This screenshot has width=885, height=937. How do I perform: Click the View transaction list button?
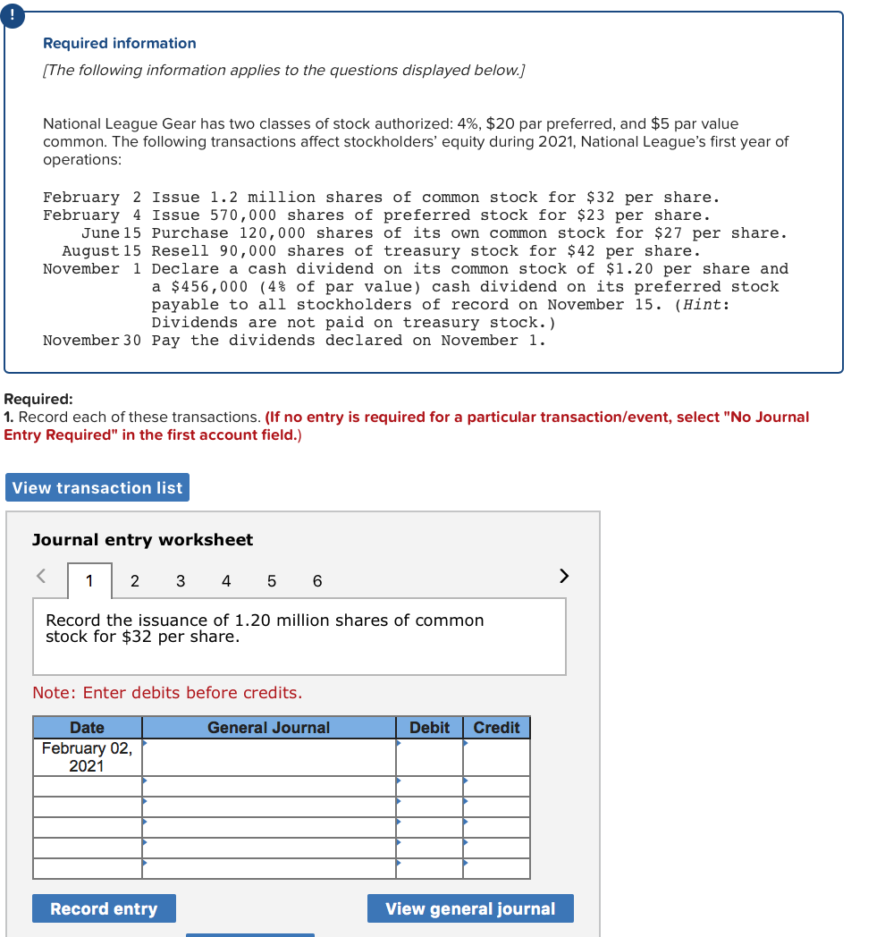pyautogui.click(x=97, y=487)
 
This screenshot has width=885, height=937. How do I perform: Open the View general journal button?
pyautogui.click(x=470, y=908)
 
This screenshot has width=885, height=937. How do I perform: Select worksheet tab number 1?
pyautogui.click(x=89, y=581)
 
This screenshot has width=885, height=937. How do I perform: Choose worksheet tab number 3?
pyautogui.click(x=181, y=581)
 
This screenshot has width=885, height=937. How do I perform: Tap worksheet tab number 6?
pyautogui.click(x=317, y=581)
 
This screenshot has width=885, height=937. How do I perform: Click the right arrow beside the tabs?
pyautogui.click(x=563, y=576)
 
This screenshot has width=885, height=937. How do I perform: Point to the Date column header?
pyautogui.click(x=87, y=728)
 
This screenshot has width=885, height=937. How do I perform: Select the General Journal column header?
pyautogui.click(x=268, y=728)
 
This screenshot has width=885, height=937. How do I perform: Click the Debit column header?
pyautogui.click(x=429, y=728)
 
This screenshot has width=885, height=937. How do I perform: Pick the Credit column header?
pyautogui.click(x=496, y=728)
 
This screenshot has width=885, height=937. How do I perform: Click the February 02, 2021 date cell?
pyautogui.click(x=87, y=756)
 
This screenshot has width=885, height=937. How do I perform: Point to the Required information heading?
pyautogui.click(x=120, y=43)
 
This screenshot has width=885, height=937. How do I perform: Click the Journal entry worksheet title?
pyautogui.click(x=142, y=539)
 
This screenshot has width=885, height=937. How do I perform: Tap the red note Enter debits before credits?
pyautogui.click(x=167, y=693)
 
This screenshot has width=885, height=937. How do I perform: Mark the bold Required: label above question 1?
pyautogui.click(x=38, y=400)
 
